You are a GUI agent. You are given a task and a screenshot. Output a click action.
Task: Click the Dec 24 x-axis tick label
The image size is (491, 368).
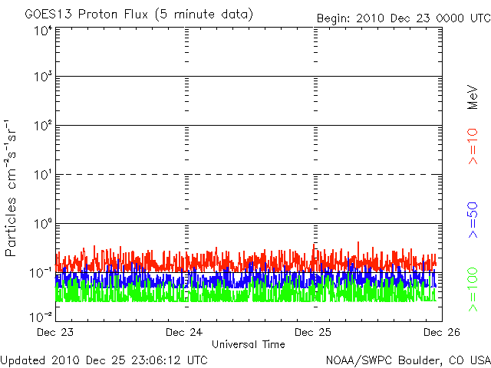pos(186,332)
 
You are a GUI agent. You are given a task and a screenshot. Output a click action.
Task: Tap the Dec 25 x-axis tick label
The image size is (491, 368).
pos(315,332)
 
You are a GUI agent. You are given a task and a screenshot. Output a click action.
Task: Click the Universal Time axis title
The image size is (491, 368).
pos(248,344)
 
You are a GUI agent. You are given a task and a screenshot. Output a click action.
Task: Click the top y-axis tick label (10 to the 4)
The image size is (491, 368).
pos(42,31)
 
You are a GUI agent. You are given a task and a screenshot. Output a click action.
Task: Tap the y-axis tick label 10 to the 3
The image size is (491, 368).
pos(42,77)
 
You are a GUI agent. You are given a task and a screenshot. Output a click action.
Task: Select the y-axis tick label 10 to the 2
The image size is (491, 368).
pos(42,127)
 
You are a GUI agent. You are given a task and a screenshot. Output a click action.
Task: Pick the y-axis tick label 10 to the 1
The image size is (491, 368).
pos(42,176)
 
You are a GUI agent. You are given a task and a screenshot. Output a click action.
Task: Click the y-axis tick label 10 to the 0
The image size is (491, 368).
pos(42,225)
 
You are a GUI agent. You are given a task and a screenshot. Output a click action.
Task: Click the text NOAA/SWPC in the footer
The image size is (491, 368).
pos(352,360)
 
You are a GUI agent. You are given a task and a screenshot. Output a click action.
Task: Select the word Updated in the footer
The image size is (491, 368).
pos(22,360)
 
